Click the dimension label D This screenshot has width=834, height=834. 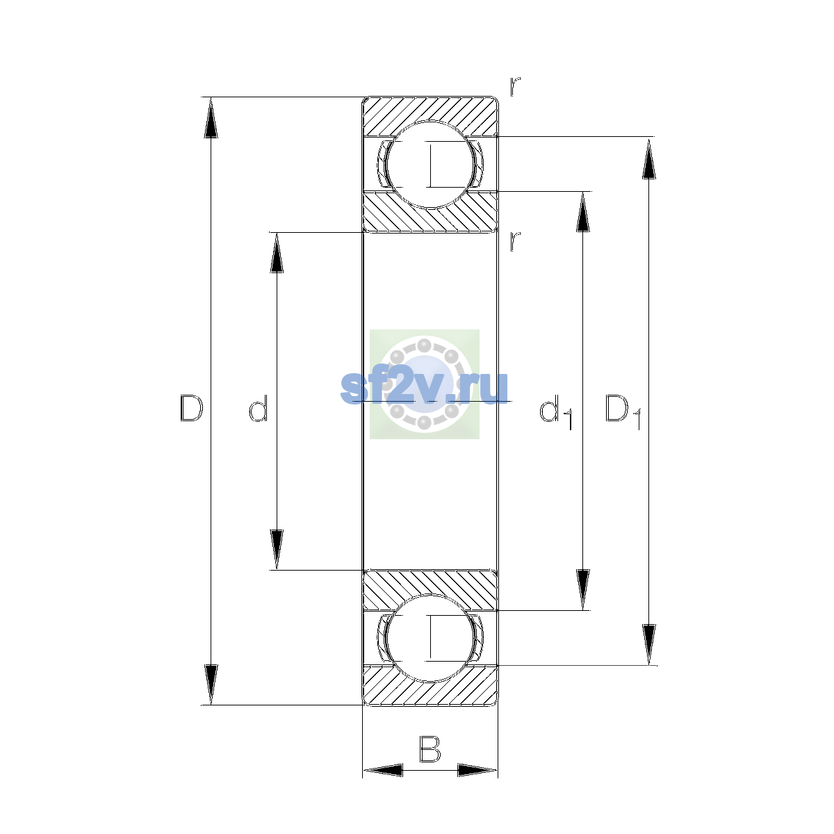[191, 408]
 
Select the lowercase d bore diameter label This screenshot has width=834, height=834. [259, 408]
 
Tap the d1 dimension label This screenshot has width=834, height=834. [556, 411]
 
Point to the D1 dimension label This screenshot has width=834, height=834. [623, 411]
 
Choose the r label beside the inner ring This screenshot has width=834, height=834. [514, 241]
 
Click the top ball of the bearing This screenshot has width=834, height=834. [430, 165]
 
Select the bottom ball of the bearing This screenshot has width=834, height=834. [430, 639]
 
